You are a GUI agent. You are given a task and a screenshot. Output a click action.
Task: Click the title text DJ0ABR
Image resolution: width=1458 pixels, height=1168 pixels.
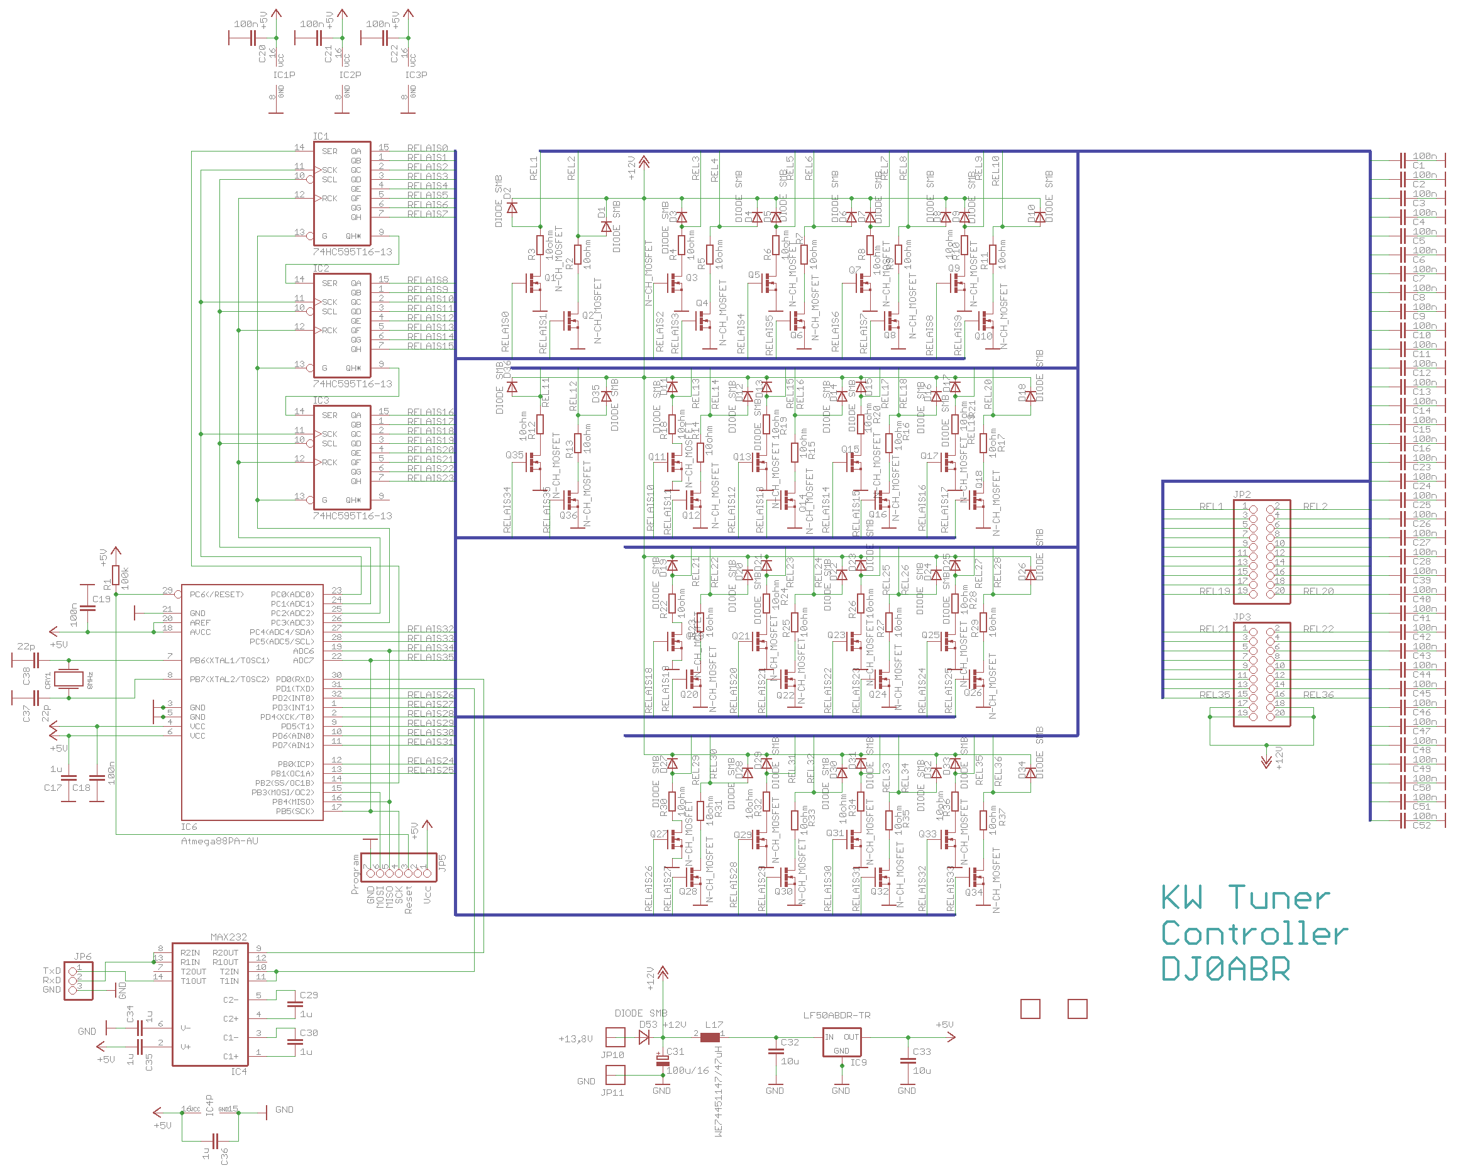[x=1225, y=969]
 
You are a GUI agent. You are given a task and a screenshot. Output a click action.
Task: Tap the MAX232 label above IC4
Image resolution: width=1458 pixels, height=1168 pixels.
[x=229, y=937]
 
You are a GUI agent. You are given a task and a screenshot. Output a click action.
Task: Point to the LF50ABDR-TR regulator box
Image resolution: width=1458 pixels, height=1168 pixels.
[x=841, y=1042]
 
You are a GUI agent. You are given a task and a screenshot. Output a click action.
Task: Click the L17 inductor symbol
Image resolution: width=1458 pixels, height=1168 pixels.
[x=709, y=1037]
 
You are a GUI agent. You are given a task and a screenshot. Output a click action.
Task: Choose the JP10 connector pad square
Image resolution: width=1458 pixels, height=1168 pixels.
[x=615, y=1037]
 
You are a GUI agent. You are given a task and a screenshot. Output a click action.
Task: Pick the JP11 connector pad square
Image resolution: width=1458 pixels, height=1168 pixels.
[x=615, y=1074]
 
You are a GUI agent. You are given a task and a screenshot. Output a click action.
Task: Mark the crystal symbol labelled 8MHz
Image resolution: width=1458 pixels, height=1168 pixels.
[x=69, y=678]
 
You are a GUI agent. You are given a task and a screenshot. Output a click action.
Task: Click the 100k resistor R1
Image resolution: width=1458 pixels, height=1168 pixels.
[x=116, y=575]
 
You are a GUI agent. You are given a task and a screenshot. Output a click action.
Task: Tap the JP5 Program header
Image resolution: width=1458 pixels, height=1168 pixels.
[x=399, y=868]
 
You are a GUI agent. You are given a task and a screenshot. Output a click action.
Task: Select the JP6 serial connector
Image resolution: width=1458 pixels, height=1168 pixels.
[x=79, y=980]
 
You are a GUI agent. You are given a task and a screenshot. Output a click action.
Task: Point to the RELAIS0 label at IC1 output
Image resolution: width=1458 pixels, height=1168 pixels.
[x=428, y=148]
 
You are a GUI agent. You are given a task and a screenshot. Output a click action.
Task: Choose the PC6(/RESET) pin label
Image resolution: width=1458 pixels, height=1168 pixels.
[x=216, y=595]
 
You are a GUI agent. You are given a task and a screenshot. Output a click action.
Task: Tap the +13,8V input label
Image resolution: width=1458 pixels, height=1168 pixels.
[x=575, y=1039]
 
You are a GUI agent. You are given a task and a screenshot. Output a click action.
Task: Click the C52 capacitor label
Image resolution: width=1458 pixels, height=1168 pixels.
[x=1422, y=825]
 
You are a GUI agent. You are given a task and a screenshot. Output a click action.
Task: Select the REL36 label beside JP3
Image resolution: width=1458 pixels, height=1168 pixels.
[x=1318, y=695]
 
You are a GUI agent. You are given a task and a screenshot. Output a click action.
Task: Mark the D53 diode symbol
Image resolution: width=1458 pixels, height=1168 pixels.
[x=644, y=1037]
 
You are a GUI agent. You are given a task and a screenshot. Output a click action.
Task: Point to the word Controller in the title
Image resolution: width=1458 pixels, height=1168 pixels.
[x=1254, y=934]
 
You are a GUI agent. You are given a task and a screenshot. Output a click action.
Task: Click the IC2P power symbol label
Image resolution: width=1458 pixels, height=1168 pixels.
[x=350, y=75]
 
